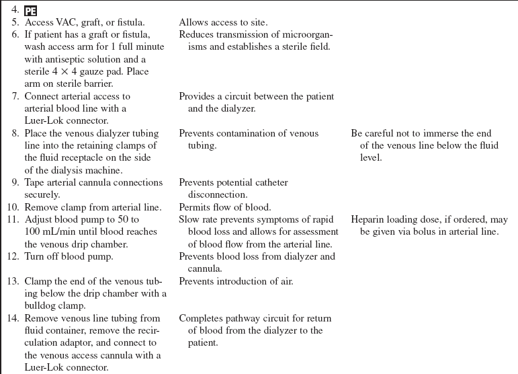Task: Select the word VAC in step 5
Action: coord(69,23)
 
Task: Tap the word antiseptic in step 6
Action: coord(71,59)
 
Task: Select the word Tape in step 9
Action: coord(36,182)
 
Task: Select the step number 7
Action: coord(15,96)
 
